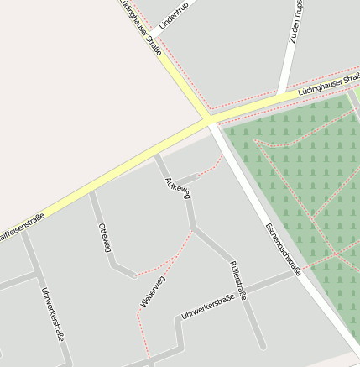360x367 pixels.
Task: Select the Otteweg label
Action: point(105,238)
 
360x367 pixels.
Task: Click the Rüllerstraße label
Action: point(237,280)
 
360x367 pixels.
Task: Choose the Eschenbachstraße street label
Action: point(282,249)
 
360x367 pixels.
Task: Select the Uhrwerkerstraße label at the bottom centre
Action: point(207,307)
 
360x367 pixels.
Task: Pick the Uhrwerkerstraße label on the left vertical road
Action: point(52,312)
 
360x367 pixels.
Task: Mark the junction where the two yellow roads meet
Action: point(207,122)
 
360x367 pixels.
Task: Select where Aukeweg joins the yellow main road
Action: point(156,155)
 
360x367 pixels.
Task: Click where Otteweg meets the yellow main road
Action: point(91,192)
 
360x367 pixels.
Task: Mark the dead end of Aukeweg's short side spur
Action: point(199,175)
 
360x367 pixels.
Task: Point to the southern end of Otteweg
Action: point(133,275)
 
